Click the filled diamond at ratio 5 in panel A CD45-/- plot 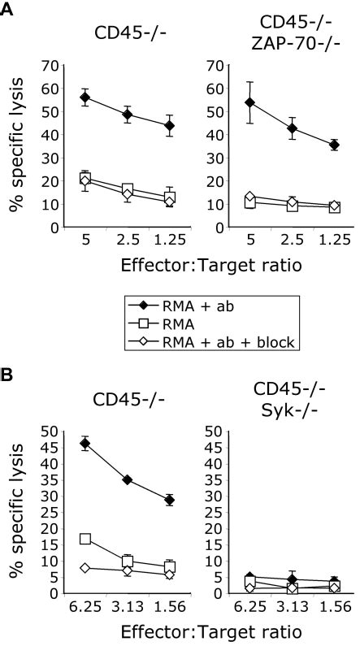coord(85,97)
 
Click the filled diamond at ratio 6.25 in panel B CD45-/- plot coord(85,444)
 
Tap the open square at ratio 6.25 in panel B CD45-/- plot coord(85,539)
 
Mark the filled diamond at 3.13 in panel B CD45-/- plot coord(126,479)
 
